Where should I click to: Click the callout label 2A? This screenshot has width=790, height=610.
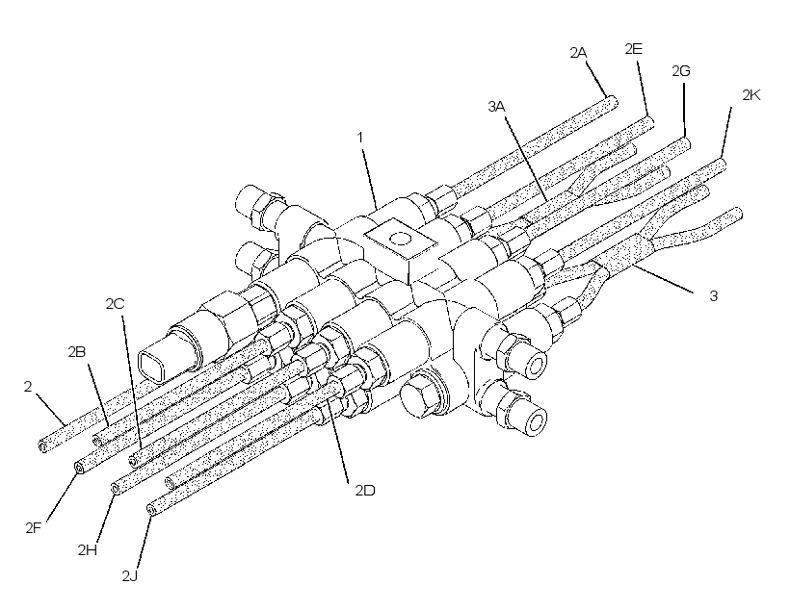pos(578,52)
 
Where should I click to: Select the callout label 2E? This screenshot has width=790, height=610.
pos(633,49)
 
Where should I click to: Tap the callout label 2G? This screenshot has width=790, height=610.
pos(681,71)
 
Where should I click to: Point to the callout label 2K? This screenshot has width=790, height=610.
pos(751,94)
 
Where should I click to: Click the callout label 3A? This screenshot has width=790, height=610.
pos(496,106)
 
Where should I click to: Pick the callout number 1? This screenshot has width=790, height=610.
pos(359,138)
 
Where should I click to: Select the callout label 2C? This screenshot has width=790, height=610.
pos(115,303)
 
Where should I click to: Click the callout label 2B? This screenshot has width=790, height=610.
pos(76,352)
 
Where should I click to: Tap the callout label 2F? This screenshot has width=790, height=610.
pos(34,528)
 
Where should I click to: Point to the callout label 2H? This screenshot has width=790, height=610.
pos(87,549)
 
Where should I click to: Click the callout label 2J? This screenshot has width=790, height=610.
pos(129,575)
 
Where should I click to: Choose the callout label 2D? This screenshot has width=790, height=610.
pos(365,491)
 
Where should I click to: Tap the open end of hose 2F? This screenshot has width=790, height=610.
pos(80,469)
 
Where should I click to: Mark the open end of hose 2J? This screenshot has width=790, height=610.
pos(151,509)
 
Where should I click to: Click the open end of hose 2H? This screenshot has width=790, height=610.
pos(116,488)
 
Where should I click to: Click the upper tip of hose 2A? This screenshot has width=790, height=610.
pos(614,102)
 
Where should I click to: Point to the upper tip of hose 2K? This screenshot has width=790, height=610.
pos(722,164)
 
